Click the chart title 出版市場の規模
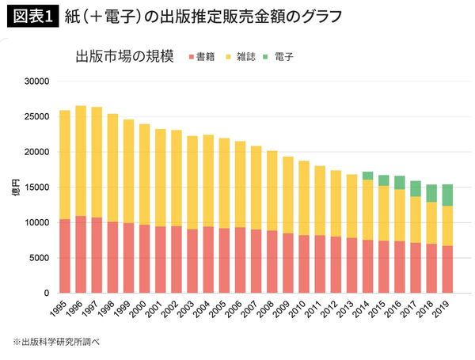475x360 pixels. (x=124, y=57)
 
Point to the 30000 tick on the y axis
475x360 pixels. (x=36, y=81)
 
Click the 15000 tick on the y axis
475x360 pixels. (x=36, y=188)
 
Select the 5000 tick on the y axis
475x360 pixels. (x=39, y=258)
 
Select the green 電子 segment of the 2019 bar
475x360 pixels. (x=447, y=195)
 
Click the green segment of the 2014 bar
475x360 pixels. (x=367, y=176)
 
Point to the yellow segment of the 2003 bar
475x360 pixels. (x=192, y=183)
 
